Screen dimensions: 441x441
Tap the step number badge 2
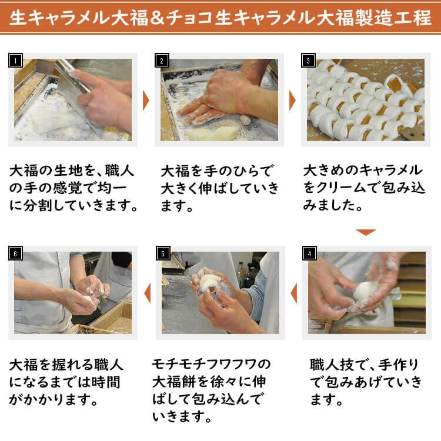click(162, 61)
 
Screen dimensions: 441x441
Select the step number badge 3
click(308, 61)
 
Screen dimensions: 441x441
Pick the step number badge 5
click(162, 253)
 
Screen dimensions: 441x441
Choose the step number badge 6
click(15, 253)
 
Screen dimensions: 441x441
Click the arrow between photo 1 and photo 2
click(146, 101)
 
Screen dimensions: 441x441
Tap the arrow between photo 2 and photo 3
click(292, 101)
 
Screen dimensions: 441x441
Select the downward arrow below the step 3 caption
click(366, 232)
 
